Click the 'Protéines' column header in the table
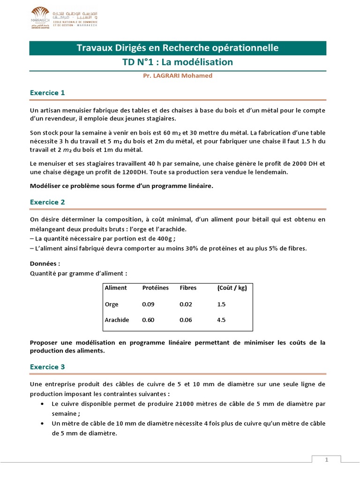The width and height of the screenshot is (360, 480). point(155,288)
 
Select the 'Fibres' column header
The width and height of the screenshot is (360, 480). point(188,288)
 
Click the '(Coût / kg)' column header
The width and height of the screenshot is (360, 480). point(232,288)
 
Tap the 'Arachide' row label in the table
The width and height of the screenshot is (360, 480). point(116,320)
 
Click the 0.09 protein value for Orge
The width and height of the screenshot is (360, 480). point(148,304)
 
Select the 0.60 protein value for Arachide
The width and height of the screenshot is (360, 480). point(148,320)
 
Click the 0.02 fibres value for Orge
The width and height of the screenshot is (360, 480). point(186,304)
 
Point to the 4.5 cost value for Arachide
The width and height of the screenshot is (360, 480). point(221,320)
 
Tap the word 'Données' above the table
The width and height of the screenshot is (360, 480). point(45,263)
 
